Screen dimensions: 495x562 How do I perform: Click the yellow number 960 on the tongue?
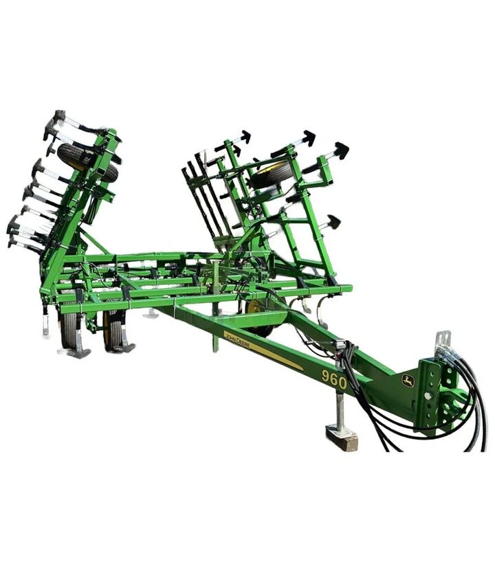click(x=334, y=380)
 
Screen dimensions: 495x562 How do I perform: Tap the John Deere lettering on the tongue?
click(x=237, y=341)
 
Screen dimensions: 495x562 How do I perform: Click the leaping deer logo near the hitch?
click(x=408, y=381)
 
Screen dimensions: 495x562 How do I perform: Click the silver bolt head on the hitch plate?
click(x=428, y=396)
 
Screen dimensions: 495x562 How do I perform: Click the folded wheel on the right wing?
click(x=270, y=175)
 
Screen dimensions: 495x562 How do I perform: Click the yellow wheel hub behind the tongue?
click(x=254, y=309)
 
